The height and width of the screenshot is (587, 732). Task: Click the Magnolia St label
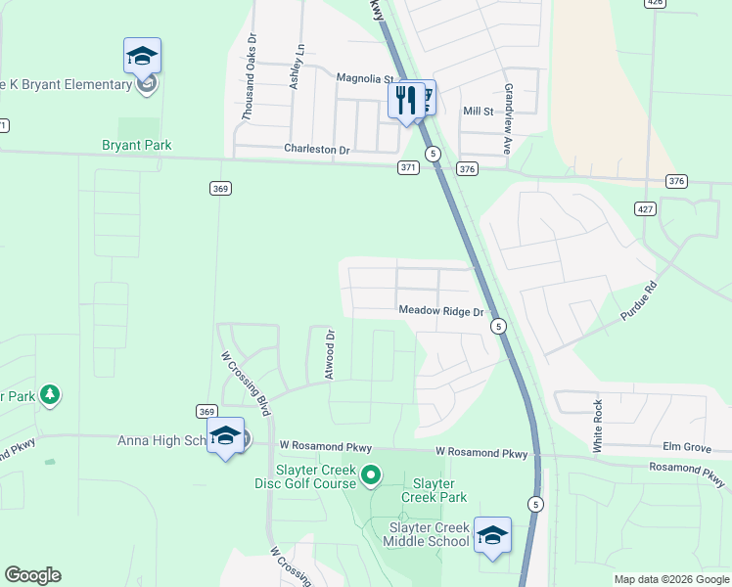[x=364, y=78]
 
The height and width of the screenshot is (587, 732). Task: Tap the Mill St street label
[x=478, y=112]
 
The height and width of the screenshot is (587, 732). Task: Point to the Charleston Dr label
[x=316, y=149]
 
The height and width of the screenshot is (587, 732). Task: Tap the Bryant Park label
[x=137, y=146]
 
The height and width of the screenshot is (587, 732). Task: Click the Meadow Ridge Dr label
[x=441, y=311]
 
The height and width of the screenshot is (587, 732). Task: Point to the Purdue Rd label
[x=641, y=302]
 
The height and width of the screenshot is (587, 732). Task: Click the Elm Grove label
[x=686, y=447]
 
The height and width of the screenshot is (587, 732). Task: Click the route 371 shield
[x=408, y=168]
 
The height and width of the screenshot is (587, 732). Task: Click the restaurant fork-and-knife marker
[x=405, y=99]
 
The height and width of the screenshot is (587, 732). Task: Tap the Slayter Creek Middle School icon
[x=491, y=535]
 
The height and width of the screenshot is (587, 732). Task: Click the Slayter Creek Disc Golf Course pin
[x=371, y=476]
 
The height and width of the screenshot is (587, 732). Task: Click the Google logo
[x=32, y=575]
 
